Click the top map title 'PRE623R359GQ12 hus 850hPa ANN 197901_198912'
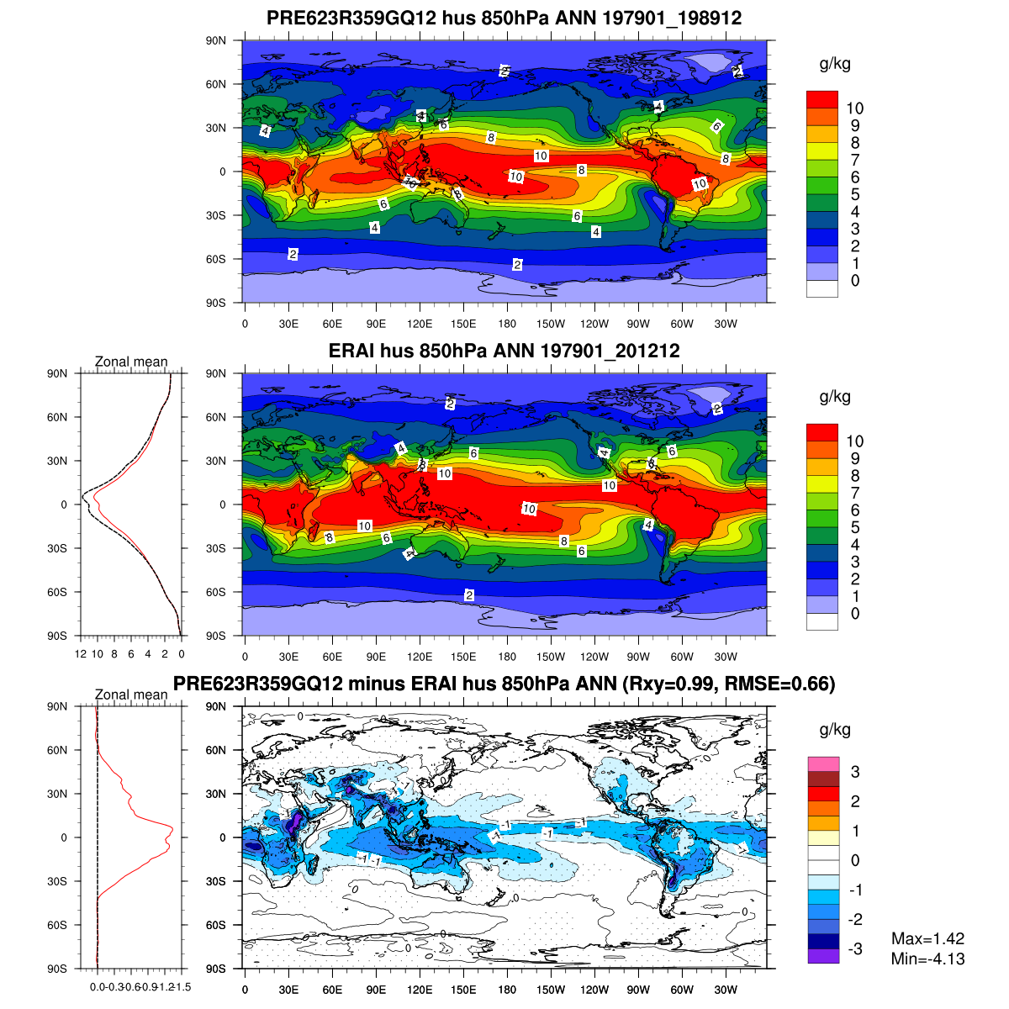tap(504, 18)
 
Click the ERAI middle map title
tap(504, 351)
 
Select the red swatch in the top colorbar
tap(822, 99)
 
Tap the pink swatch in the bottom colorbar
tap(822, 764)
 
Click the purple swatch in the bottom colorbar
tap(822, 956)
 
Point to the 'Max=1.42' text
tap(927, 939)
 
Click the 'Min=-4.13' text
tap(927, 959)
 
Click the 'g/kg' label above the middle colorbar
tap(835, 397)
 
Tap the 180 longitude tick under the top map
tap(507, 324)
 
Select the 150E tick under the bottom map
tap(463, 990)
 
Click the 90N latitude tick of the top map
tap(217, 40)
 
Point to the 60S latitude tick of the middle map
tap(217, 592)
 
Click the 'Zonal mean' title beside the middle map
tap(131, 362)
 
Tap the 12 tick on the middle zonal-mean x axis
tap(81, 654)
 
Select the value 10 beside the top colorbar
tap(854, 108)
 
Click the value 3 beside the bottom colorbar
tap(854, 772)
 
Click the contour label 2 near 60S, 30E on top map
tap(293, 254)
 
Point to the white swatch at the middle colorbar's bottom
tap(822, 621)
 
